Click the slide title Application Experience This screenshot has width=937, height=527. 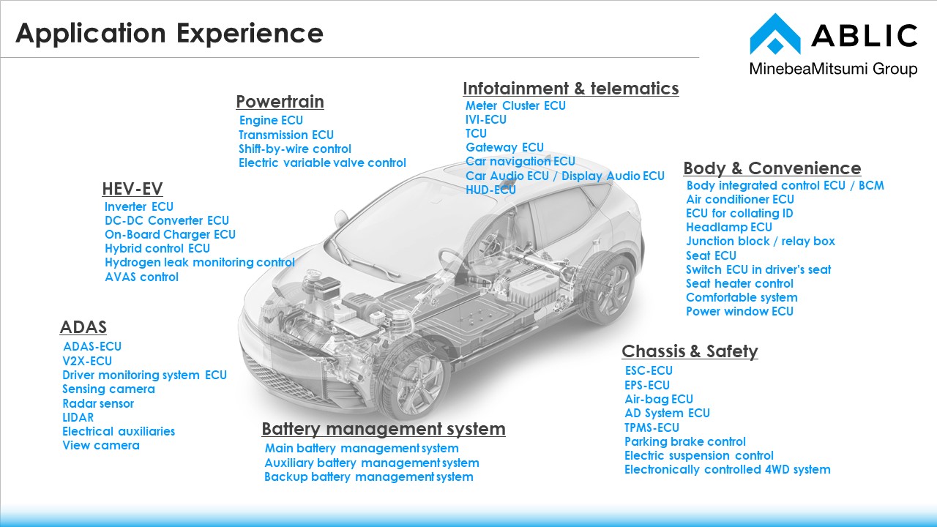pyautogui.click(x=169, y=34)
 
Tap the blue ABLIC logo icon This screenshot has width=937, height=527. pyautogui.click(x=774, y=35)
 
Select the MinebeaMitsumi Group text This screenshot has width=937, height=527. pyautogui.click(x=833, y=70)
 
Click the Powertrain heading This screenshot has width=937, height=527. pyautogui.click(x=280, y=102)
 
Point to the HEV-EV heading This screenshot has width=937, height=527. pyautogui.click(x=132, y=189)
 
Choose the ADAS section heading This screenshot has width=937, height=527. pyautogui.click(x=83, y=327)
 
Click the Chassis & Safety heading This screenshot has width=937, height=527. pyautogui.click(x=690, y=351)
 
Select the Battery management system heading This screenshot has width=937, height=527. pyautogui.click(x=384, y=429)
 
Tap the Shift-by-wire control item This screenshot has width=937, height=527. pyautogui.click(x=295, y=149)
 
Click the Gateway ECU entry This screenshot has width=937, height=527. pyautogui.click(x=504, y=147)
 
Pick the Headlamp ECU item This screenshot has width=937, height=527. pyautogui.click(x=728, y=227)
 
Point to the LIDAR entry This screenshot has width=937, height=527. pyautogui.click(x=78, y=417)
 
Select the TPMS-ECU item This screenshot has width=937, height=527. pyautogui.click(x=652, y=427)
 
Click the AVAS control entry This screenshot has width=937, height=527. pyautogui.click(x=141, y=277)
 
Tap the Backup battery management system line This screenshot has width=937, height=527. pyautogui.click(x=369, y=476)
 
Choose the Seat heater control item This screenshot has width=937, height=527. pyautogui.click(x=739, y=283)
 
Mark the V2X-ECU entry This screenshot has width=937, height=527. pyautogui.click(x=87, y=361)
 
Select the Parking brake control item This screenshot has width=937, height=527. pyautogui.click(x=684, y=441)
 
